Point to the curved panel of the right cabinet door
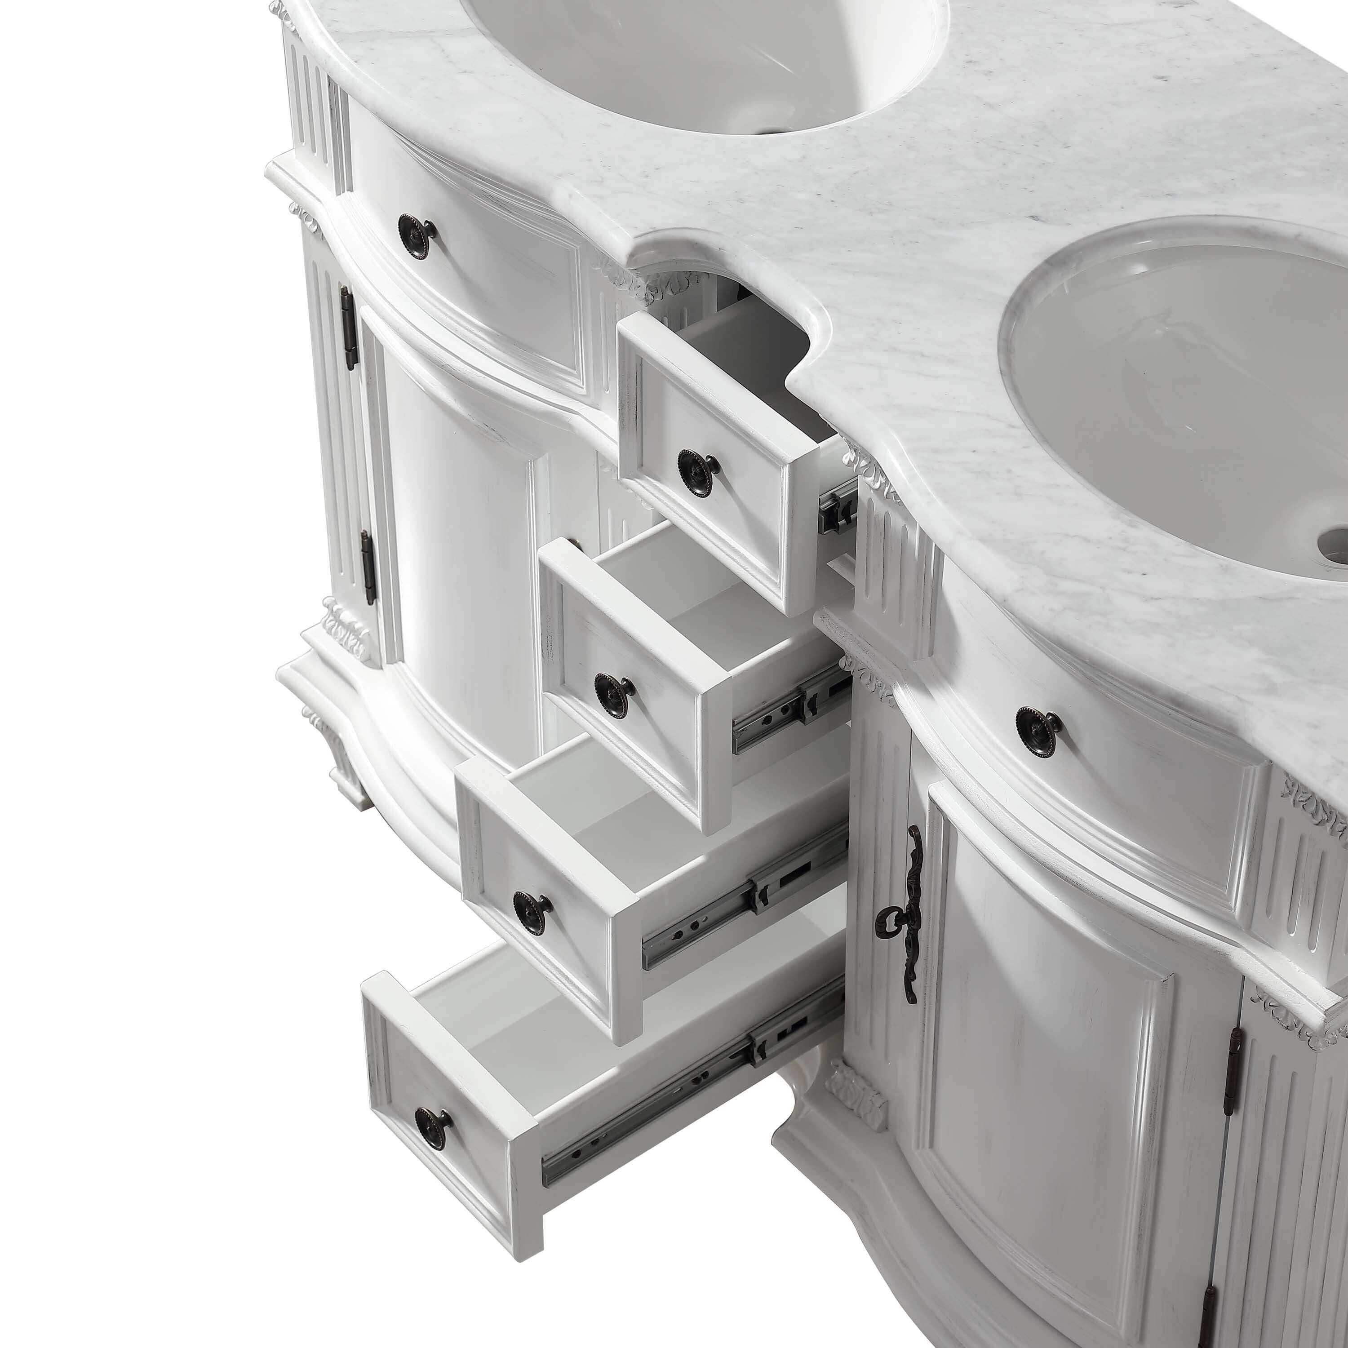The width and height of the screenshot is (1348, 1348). tap(1046, 1046)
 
